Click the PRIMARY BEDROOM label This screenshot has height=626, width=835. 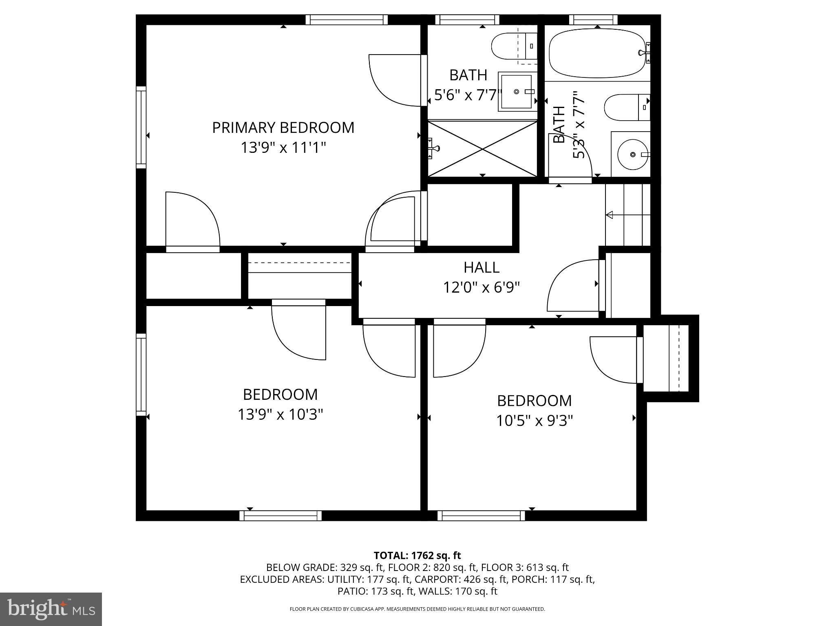283,128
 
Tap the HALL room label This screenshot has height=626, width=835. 481,267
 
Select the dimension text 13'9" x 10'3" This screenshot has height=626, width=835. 281,415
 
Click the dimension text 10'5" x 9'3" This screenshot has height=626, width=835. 534,421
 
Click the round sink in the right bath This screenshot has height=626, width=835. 633,154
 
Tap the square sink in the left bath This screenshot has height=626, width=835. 516,92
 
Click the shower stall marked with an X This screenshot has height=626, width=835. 482,149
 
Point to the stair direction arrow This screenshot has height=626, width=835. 610,215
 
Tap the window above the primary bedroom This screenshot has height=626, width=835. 346,20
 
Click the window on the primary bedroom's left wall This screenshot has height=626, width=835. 141,127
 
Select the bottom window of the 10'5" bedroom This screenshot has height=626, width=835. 481,516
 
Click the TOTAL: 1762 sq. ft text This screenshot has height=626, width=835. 417,555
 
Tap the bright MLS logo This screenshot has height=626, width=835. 51,609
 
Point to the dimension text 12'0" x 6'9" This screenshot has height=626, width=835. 481,288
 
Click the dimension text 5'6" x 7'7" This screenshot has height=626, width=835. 467,95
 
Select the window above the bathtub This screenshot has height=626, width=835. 593,20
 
